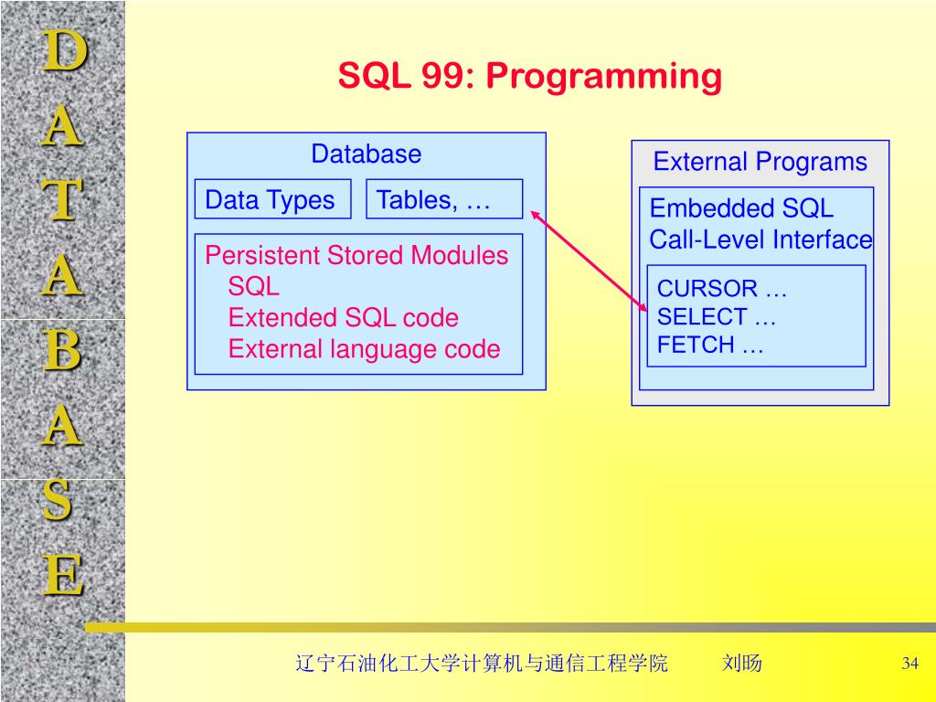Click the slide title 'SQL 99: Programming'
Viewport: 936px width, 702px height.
click(529, 77)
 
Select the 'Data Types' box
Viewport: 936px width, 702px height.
click(271, 200)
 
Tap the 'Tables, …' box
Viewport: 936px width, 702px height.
click(443, 200)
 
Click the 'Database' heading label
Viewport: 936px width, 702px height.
click(366, 154)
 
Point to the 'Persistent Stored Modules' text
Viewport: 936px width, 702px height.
click(356, 255)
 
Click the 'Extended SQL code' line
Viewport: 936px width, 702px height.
click(343, 318)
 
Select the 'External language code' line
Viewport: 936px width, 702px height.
click(364, 349)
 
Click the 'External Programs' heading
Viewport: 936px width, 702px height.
click(760, 163)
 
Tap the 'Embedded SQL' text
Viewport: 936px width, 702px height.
click(741, 208)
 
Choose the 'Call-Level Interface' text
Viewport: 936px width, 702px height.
click(760, 239)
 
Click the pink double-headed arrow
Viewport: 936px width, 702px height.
click(589, 260)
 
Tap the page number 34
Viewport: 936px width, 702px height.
click(909, 664)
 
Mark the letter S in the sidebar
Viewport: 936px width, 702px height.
click(59, 501)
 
